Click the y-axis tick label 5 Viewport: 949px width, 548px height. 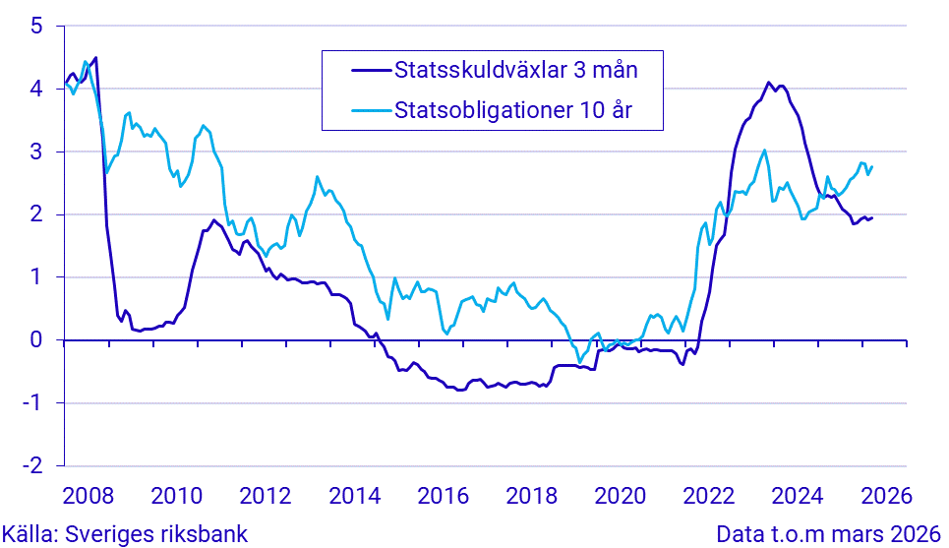[36, 27]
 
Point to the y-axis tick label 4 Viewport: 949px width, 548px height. [36, 90]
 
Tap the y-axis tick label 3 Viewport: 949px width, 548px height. [36, 152]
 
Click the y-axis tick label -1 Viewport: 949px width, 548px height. [32, 403]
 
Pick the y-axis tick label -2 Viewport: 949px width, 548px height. [32, 465]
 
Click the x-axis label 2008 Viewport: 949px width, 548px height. [86, 494]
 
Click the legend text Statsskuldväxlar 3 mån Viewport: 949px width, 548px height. [515, 70]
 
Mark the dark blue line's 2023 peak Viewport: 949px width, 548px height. [768, 84]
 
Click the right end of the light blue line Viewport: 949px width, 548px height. [872, 166]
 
